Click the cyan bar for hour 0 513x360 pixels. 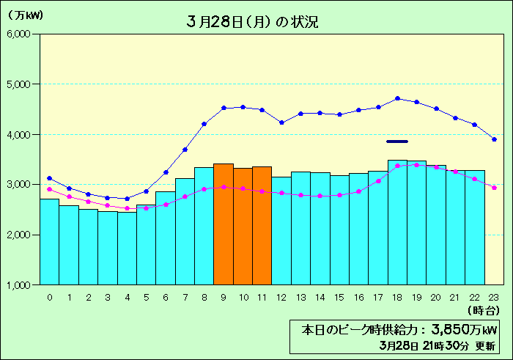tap(49, 241)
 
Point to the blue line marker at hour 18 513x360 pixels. tap(397, 98)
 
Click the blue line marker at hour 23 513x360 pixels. tap(495, 139)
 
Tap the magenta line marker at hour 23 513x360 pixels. tap(495, 188)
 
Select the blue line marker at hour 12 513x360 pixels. tap(281, 122)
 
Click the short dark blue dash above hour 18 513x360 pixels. tap(397, 141)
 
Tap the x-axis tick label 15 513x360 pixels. tap(339, 298)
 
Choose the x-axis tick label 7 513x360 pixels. tap(185, 298)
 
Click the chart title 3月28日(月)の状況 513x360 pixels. tap(253, 22)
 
